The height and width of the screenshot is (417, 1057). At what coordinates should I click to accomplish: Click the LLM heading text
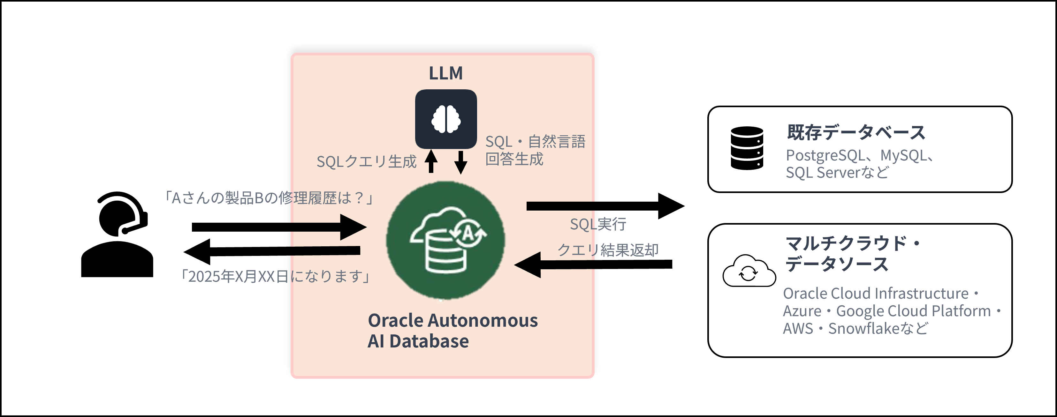445,73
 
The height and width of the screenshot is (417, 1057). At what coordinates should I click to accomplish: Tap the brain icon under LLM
445,119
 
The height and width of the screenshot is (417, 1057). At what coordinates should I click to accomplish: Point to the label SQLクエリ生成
366,161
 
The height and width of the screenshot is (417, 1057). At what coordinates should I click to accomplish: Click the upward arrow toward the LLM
431,161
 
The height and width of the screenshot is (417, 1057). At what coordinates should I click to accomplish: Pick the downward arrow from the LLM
460,162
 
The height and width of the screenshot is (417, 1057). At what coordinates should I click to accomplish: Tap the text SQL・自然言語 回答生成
535,150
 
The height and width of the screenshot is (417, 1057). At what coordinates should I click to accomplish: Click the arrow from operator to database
279,227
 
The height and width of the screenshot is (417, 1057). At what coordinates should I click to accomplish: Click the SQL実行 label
598,224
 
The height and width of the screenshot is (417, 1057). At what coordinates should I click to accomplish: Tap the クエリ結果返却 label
607,250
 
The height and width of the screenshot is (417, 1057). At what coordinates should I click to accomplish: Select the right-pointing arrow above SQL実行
605,206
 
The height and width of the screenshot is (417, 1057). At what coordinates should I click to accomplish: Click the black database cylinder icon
747,148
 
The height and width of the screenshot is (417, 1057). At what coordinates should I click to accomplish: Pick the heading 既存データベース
856,132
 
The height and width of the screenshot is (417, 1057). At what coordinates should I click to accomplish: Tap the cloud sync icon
749,272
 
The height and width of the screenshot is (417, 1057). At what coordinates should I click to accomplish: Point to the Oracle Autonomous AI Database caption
452,331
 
